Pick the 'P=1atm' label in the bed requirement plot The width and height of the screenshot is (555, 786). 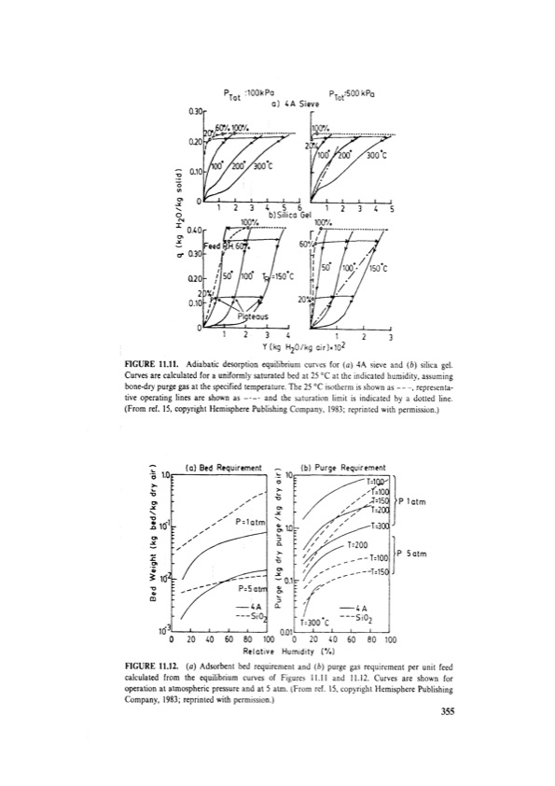(x=252, y=520)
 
